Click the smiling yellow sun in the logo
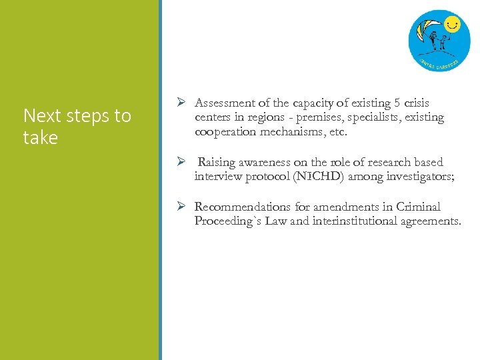click(x=453, y=25)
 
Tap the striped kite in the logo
click(x=427, y=30)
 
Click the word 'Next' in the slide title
click(x=42, y=116)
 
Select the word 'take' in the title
click(x=41, y=138)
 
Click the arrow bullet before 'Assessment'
click(x=181, y=103)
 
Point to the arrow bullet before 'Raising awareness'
click(x=181, y=162)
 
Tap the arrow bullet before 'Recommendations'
click(x=181, y=207)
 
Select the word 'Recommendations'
click(x=243, y=207)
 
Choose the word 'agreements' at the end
click(x=431, y=221)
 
